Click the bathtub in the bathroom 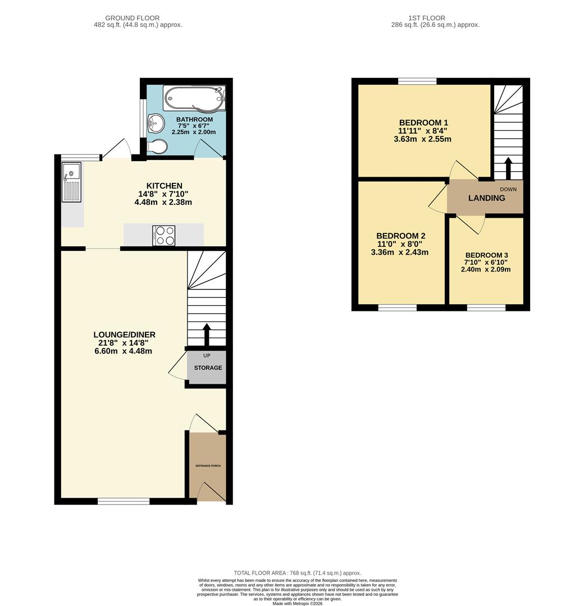point(194,98)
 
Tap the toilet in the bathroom point(157,146)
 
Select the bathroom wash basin point(155,122)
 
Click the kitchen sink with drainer point(72,182)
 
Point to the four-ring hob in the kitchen point(163,235)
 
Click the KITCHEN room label point(164,186)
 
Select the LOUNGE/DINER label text point(124,334)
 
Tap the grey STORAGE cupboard point(208,368)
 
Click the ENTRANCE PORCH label point(208,466)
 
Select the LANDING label point(486,198)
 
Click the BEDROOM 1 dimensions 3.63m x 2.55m point(423,139)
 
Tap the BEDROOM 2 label point(400,236)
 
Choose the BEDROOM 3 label point(486,255)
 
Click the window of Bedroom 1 point(417,81)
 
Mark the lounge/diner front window point(124,501)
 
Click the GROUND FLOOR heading point(133,18)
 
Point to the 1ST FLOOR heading point(435,18)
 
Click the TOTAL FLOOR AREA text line point(297,573)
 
